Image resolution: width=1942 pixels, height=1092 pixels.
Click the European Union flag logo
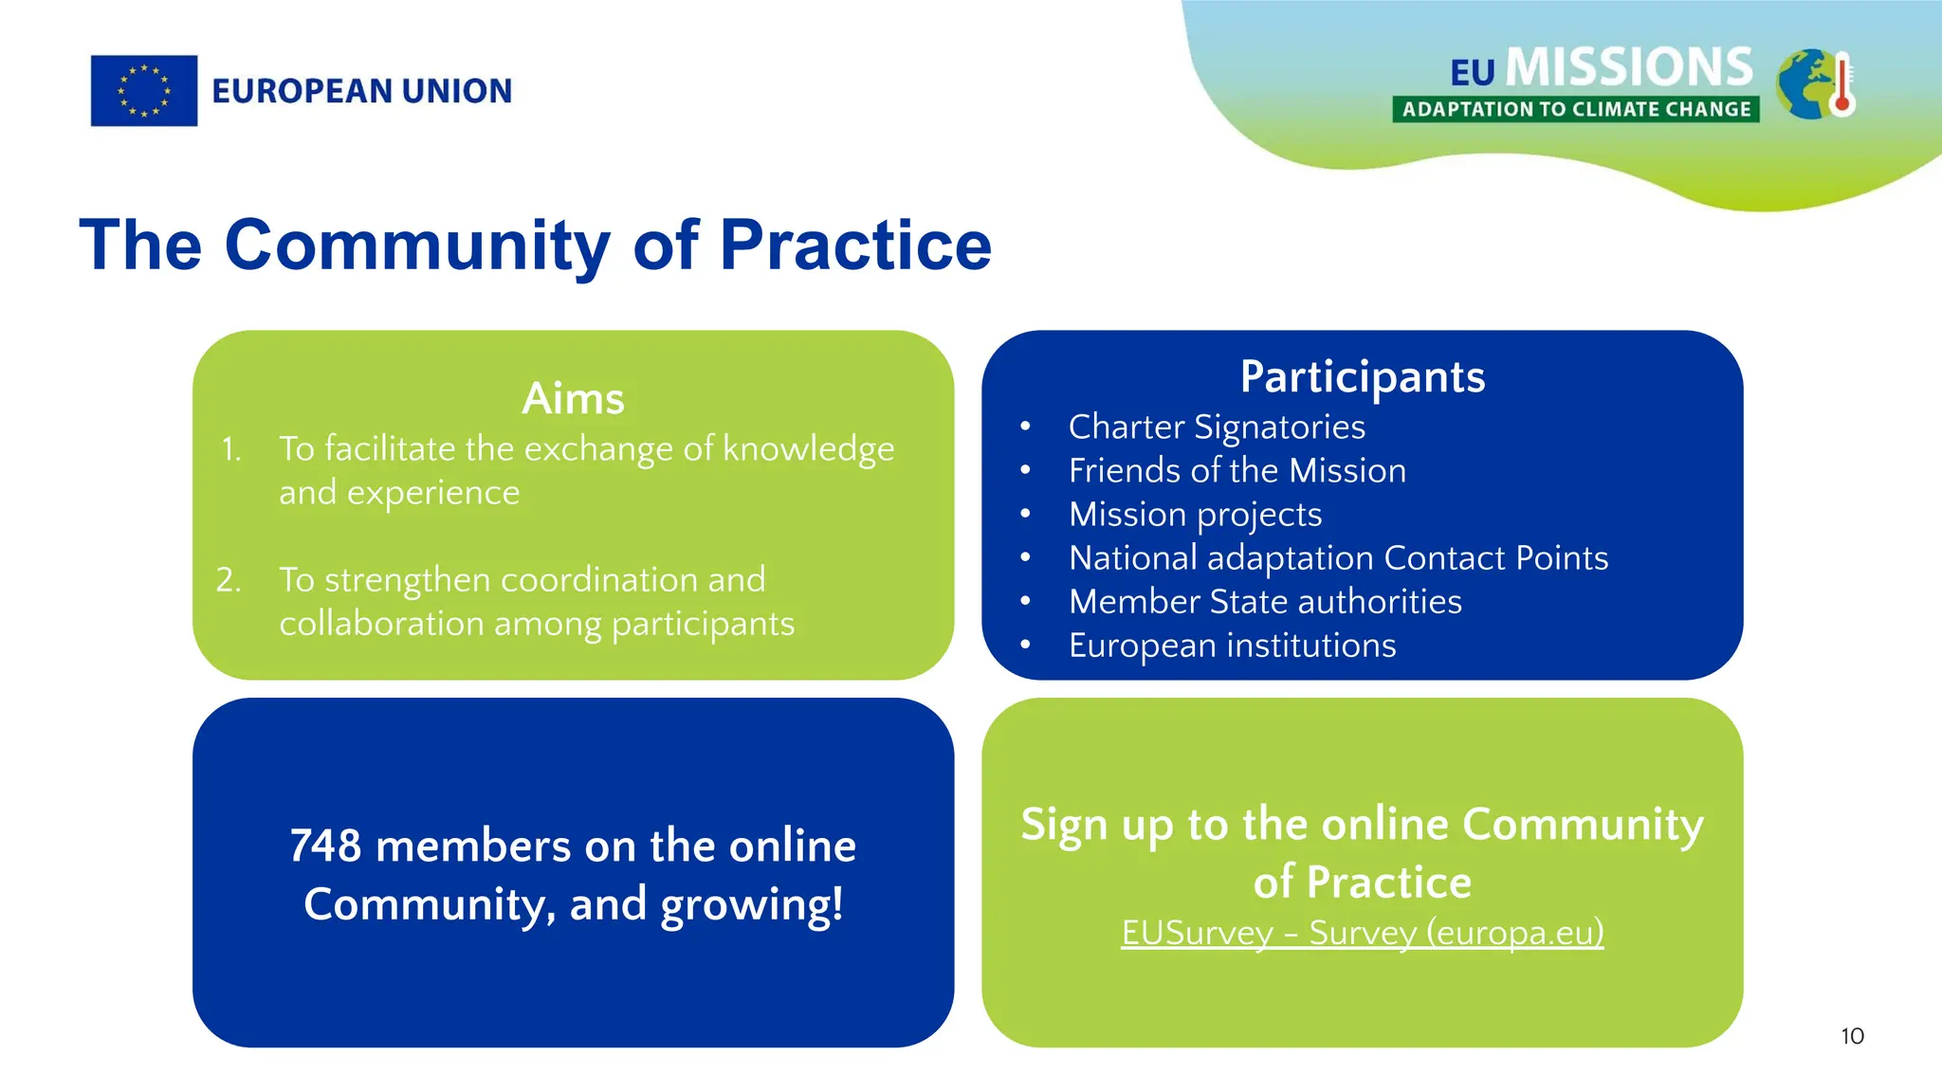(x=144, y=91)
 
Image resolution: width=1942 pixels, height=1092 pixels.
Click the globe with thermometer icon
(x=1815, y=84)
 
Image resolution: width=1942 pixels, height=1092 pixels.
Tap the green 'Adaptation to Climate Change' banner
(x=1576, y=109)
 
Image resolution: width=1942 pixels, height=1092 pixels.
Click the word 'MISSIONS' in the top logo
(x=1629, y=67)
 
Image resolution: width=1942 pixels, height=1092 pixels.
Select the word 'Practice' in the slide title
(x=855, y=246)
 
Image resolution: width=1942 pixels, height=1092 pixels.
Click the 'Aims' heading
(x=573, y=398)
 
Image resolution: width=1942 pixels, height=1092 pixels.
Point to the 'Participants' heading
(x=1362, y=376)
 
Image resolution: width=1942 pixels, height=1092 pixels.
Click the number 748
(x=325, y=846)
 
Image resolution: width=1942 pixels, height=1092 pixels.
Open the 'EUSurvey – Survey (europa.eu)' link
(x=1362, y=933)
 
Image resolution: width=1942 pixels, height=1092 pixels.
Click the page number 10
(x=1852, y=1036)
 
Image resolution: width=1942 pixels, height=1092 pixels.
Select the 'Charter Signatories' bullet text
(x=1217, y=427)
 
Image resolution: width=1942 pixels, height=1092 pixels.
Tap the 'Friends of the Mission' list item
(x=1237, y=470)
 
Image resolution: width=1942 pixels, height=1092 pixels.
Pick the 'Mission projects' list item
(x=1195, y=514)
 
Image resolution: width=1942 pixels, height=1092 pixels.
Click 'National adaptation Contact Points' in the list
(x=1338, y=557)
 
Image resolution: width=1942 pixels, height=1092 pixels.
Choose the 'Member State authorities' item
(x=1265, y=601)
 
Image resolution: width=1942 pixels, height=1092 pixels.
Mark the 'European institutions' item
(x=1232, y=645)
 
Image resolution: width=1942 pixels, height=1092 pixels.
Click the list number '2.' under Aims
(x=229, y=579)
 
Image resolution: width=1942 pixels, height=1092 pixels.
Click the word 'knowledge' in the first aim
(x=808, y=449)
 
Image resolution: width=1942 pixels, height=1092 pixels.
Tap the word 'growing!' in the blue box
(x=751, y=904)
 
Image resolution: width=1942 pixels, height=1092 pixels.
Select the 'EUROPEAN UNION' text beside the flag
(x=361, y=91)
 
